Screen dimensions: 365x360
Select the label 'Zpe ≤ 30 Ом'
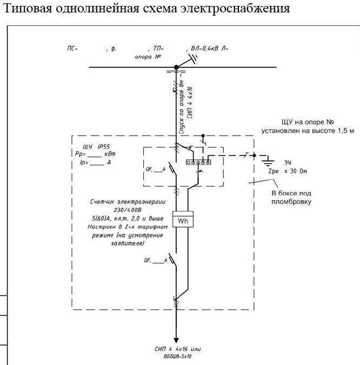[x=287, y=171]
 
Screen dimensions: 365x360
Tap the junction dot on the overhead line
[x=176, y=67]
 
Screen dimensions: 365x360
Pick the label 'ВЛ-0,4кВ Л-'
[x=209, y=49]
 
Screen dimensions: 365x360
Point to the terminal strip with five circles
[x=198, y=161]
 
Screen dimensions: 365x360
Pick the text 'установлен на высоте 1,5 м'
[x=308, y=130]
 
